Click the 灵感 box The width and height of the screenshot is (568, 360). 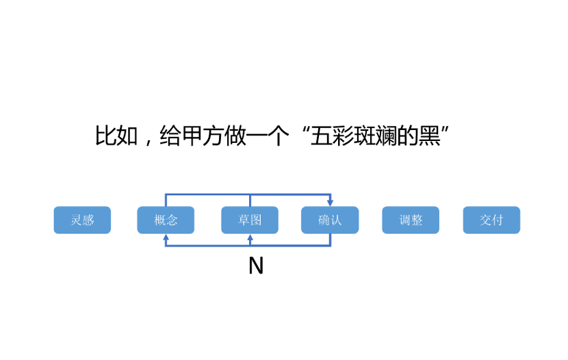click(82, 220)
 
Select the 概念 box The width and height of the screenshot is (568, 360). click(166, 220)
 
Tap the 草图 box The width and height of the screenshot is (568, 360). click(250, 220)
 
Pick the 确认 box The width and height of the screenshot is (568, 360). click(330, 220)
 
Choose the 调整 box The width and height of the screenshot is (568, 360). click(411, 220)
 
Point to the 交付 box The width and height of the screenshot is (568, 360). click(491, 220)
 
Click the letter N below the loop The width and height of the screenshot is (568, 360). click(256, 266)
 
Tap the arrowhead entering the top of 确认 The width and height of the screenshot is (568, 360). click(331, 203)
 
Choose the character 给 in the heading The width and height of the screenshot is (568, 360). click(170, 136)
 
